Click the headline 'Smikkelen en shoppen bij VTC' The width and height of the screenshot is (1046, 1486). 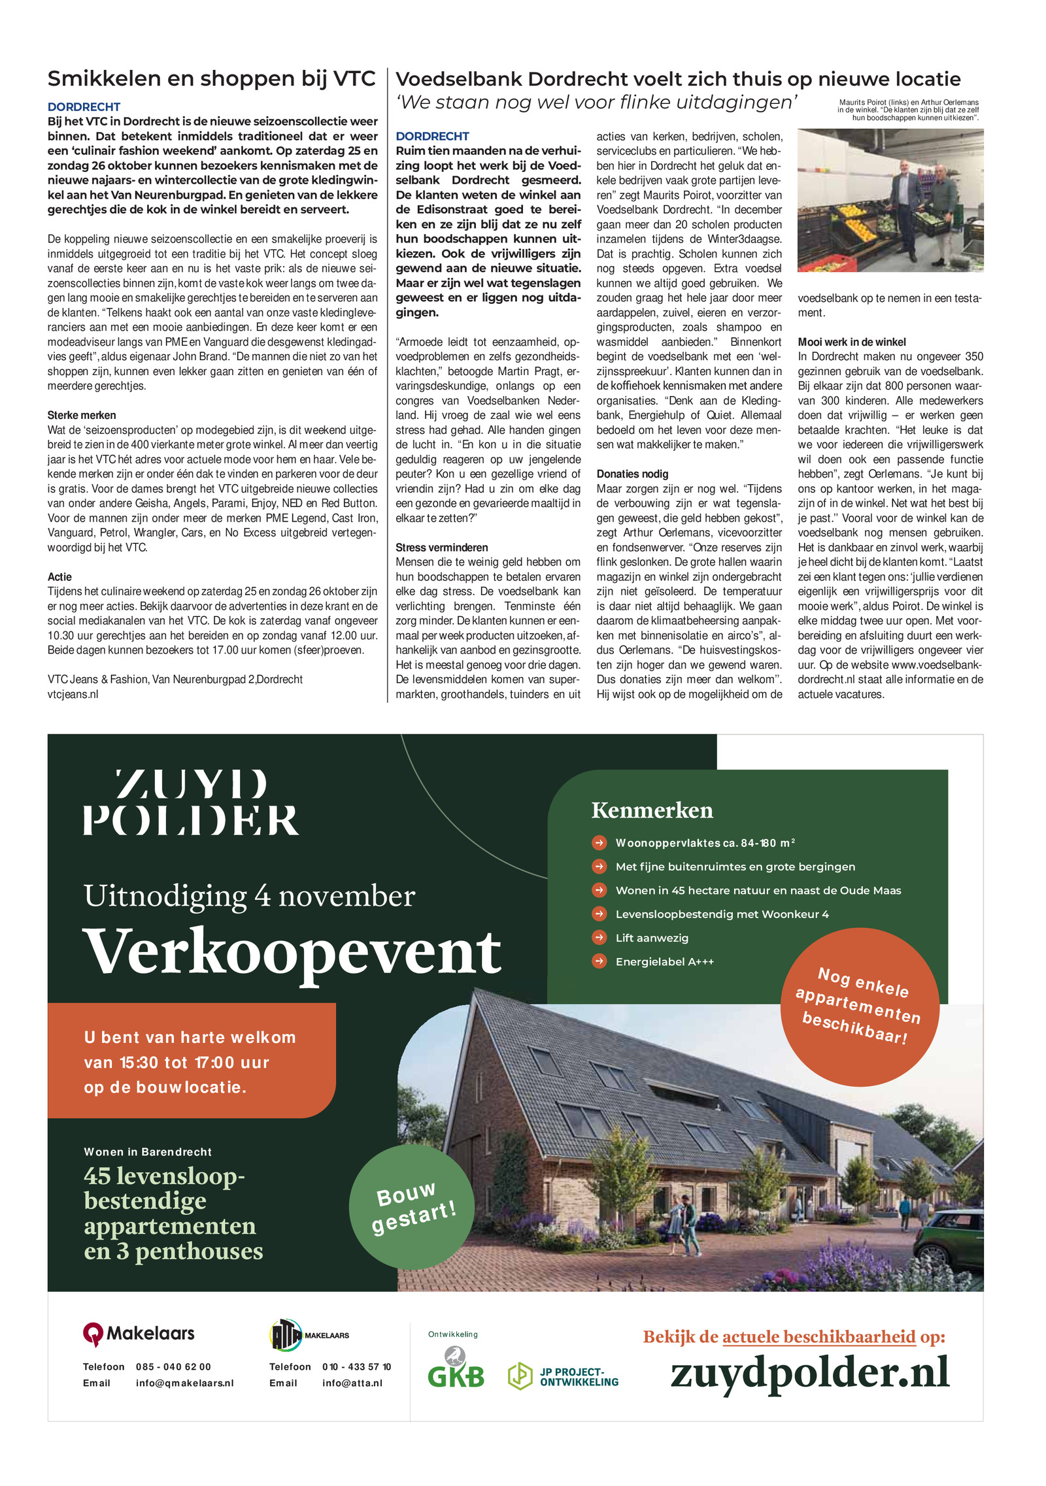pyautogui.click(x=211, y=79)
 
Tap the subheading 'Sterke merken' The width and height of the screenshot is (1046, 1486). pyautogui.click(x=82, y=416)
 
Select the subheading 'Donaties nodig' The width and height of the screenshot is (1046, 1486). pyautogui.click(x=632, y=474)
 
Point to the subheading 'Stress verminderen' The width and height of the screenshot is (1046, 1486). pyautogui.click(x=441, y=548)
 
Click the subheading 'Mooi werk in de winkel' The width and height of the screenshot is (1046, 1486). pyautogui.click(x=851, y=342)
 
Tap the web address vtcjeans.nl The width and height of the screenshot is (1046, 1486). pyautogui.click(x=73, y=695)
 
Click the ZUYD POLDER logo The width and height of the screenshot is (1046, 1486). pyautogui.click(x=191, y=802)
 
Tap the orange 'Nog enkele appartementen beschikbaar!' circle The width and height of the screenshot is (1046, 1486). pyautogui.click(x=859, y=1007)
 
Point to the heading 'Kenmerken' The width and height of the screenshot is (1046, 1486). pyautogui.click(x=652, y=810)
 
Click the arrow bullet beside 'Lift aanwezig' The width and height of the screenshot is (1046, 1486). pyautogui.click(x=599, y=938)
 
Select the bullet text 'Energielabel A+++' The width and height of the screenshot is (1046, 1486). pyautogui.click(x=664, y=962)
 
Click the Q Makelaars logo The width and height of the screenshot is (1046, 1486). pyautogui.click(x=139, y=1334)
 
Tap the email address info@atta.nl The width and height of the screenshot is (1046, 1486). pyautogui.click(x=352, y=1383)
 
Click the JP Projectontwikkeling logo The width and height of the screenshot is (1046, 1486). pyautogui.click(x=563, y=1377)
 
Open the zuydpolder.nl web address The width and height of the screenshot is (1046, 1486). pyautogui.click(x=809, y=1373)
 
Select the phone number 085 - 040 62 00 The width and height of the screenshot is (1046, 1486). pyautogui.click(x=173, y=1367)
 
